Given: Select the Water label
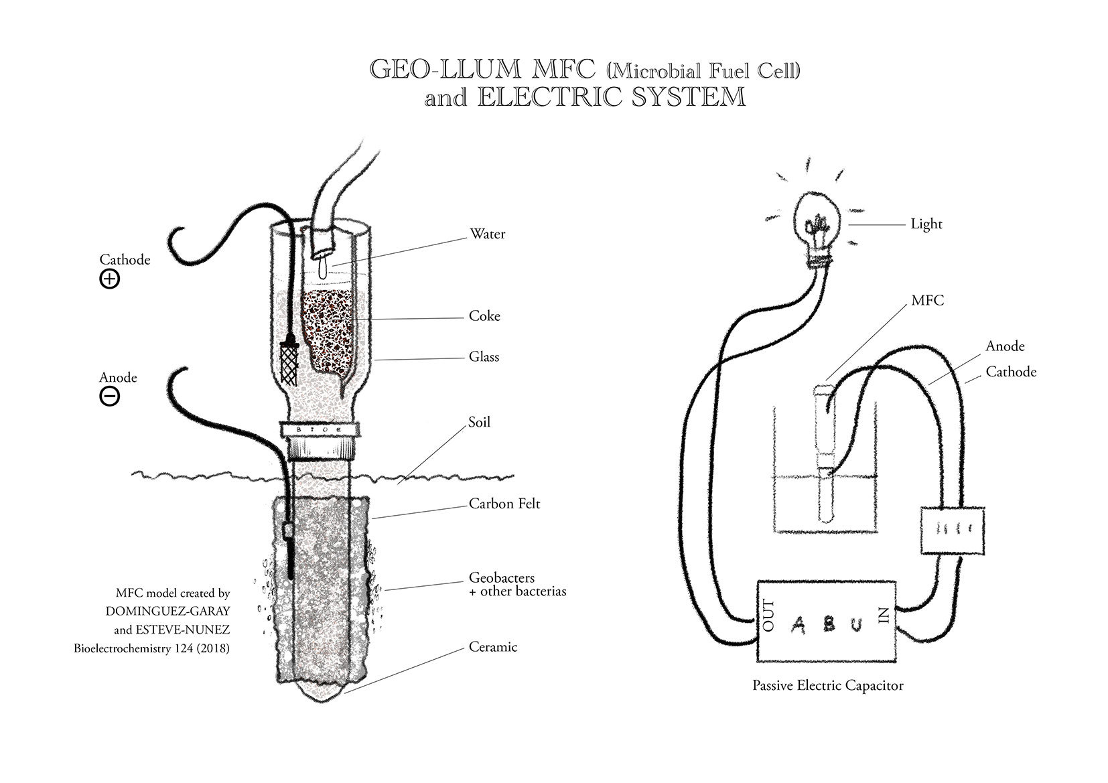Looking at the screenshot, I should (x=487, y=234).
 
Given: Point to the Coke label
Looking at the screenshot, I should (x=484, y=315).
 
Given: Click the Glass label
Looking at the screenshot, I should (x=484, y=356).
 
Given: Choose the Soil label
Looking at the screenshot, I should (x=479, y=422).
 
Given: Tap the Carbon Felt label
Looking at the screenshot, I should (x=504, y=503).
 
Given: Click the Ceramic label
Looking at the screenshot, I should (x=493, y=646).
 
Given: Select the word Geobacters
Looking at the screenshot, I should (x=501, y=578).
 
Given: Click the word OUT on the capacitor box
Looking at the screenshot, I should (x=768, y=616).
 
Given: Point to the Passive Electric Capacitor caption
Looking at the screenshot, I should (x=827, y=685).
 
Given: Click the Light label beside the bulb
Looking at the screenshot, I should (x=926, y=224).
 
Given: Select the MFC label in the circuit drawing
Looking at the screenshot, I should (x=927, y=300).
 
